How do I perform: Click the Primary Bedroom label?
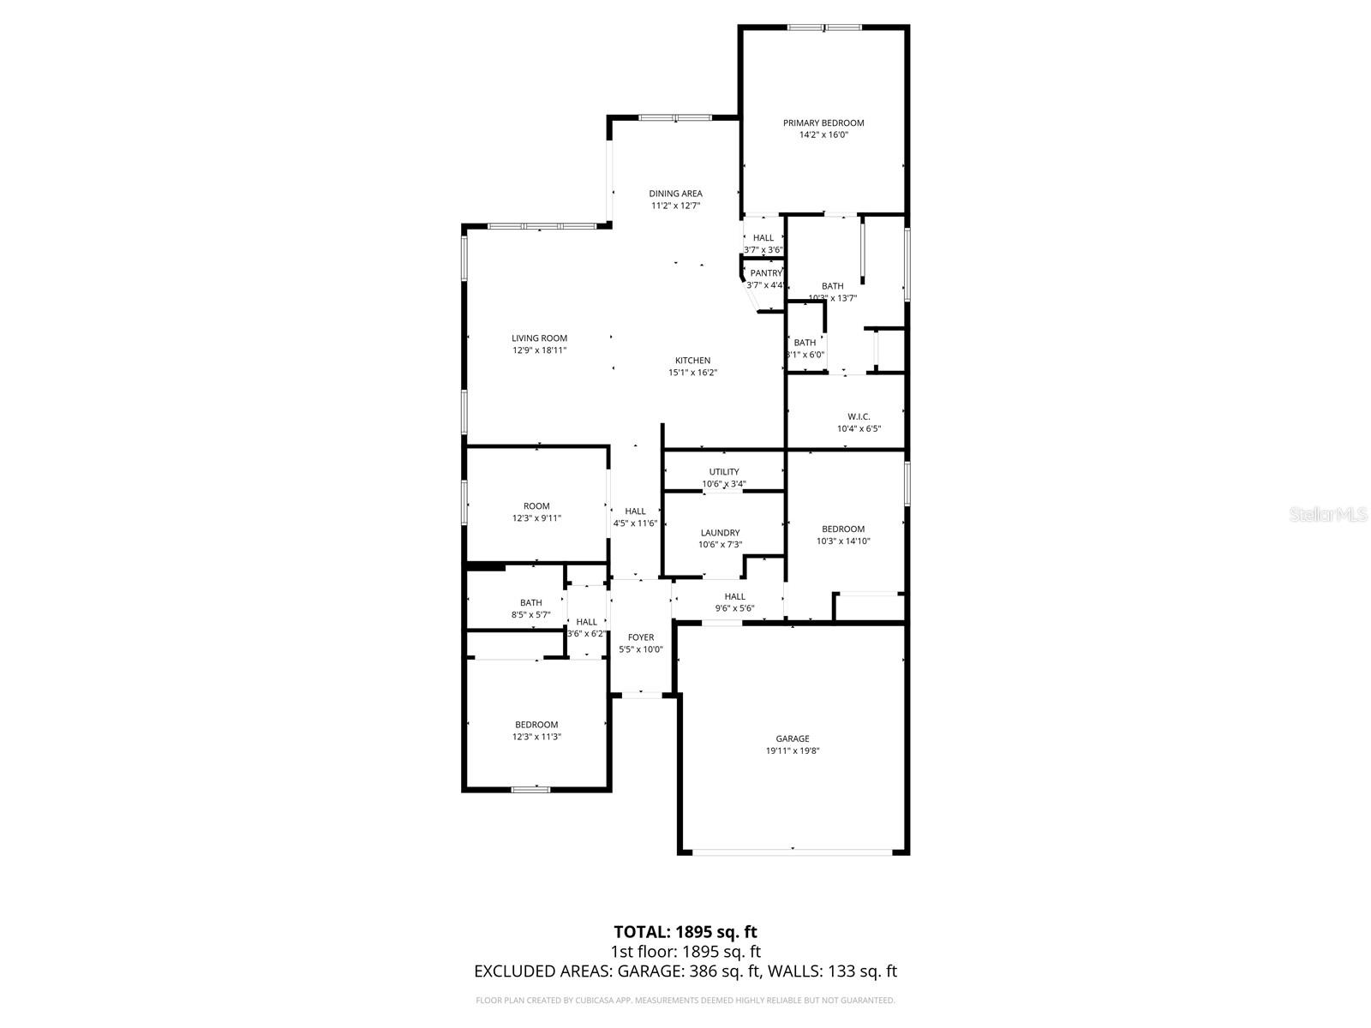pos(823,123)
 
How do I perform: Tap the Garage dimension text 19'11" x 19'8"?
pos(793,750)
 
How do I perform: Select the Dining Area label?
pos(675,194)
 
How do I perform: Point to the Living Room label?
pos(539,338)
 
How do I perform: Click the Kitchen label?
pos(692,361)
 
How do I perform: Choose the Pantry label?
pos(765,273)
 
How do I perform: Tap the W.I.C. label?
pos(859,416)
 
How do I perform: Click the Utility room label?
pos(723,472)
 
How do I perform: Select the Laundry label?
pos(720,533)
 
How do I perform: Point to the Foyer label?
pos(640,637)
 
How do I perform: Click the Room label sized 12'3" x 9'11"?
pos(536,506)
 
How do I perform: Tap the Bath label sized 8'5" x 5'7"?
pos(530,603)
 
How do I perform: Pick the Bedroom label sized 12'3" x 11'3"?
pos(536,725)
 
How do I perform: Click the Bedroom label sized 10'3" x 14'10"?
pos(843,529)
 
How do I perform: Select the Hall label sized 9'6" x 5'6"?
pos(734,597)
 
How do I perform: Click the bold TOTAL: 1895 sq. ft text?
pos(685,931)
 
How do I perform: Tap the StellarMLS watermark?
pos(1328,514)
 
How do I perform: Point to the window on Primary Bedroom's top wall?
pos(824,27)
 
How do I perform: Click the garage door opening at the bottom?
pos(793,852)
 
